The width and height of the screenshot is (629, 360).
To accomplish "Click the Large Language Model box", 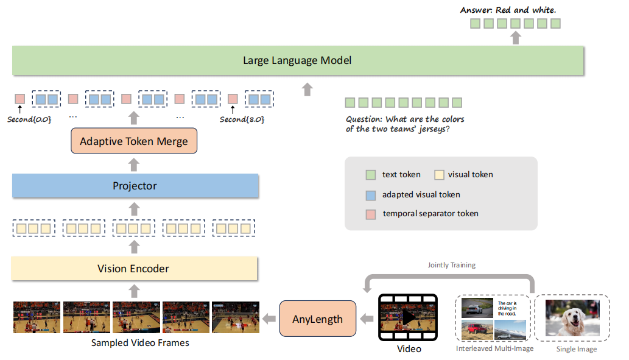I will click(x=297, y=60).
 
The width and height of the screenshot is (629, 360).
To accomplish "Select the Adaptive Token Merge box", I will click(x=135, y=141).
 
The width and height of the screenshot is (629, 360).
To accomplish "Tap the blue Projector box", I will click(x=135, y=186).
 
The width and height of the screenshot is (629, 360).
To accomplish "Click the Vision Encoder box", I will click(x=135, y=269).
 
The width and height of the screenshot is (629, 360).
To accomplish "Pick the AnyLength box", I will click(x=317, y=319).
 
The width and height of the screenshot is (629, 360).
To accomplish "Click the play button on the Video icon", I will click(x=408, y=318).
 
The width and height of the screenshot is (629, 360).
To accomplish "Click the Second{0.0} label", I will click(x=29, y=119).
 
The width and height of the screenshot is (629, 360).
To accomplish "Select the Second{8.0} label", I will click(x=242, y=119).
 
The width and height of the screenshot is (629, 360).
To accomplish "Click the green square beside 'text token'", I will click(x=369, y=174).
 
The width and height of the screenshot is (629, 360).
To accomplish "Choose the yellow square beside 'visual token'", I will click(x=439, y=174).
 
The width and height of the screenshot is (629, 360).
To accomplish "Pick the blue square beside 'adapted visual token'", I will click(x=369, y=194).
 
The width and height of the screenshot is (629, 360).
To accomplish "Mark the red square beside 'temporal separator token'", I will click(x=369, y=214).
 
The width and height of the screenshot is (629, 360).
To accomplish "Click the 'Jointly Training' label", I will click(x=451, y=265).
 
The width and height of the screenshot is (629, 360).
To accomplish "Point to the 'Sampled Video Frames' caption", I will click(x=140, y=343).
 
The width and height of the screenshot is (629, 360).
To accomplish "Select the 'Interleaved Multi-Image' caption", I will click(x=494, y=349).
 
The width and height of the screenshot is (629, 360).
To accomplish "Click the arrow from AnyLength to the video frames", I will click(x=268, y=319).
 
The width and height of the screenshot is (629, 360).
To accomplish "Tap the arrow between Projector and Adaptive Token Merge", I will click(x=135, y=164).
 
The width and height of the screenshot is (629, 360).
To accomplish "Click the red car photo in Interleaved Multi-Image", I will click(x=477, y=330).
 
